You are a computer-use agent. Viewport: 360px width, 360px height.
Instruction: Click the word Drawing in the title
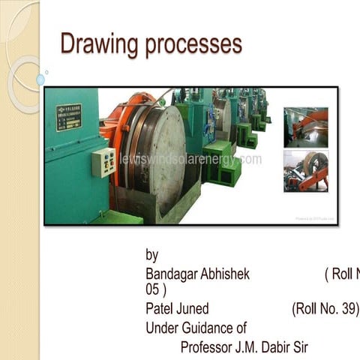tap(95, 44)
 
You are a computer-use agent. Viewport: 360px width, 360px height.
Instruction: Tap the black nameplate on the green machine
tap(68, 117)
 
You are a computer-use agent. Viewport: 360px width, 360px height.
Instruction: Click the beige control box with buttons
tap(103, 162)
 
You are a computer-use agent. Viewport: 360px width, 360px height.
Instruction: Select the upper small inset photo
tap(305, 127)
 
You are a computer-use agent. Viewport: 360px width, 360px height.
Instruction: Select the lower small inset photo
tap(305, 171)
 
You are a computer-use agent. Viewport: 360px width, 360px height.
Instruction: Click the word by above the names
tap(152, 255)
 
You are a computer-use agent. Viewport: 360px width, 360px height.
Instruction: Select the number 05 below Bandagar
tap(153, 289)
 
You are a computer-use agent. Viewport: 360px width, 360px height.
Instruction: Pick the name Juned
tap(193, 309)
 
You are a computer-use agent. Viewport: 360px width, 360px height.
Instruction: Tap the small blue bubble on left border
tap(40, 79)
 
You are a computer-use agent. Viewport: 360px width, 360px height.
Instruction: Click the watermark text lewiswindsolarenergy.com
tap(190, 159)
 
